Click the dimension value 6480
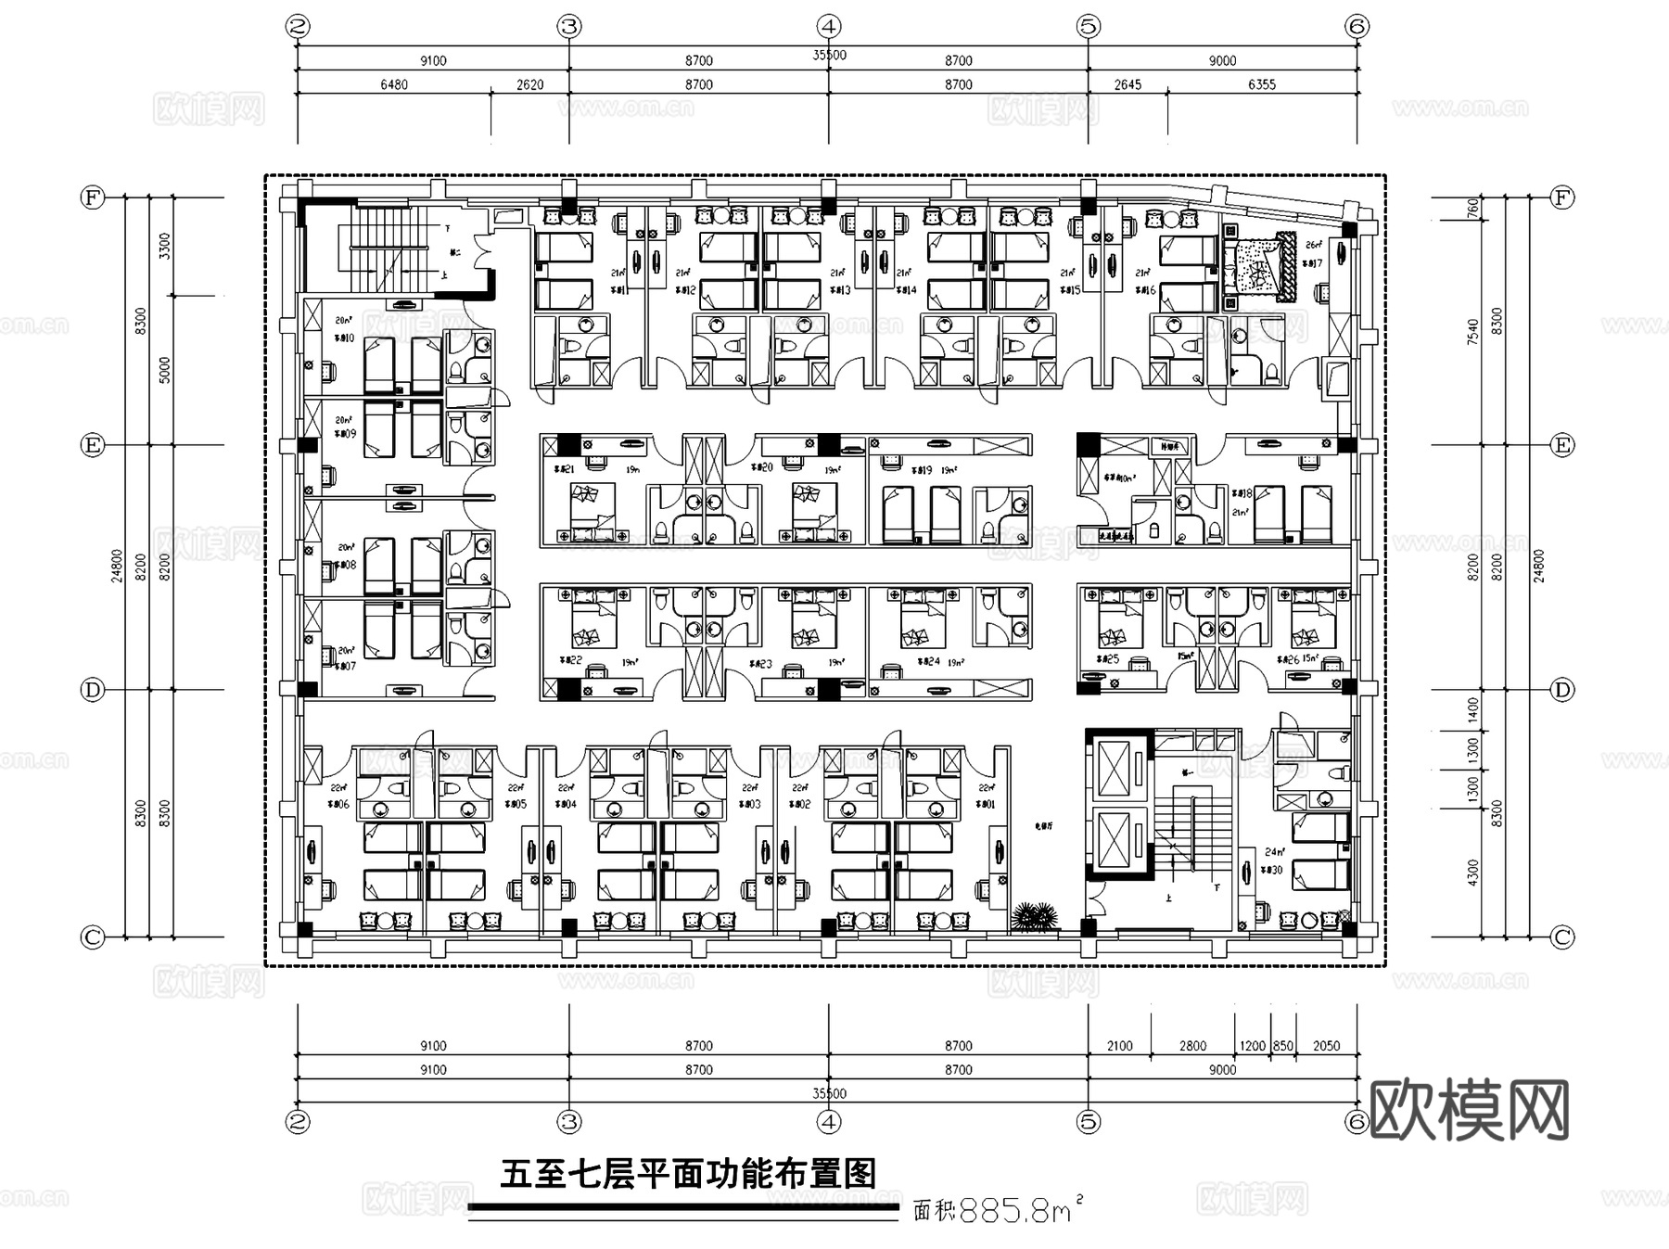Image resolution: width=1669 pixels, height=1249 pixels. tap(393, 84)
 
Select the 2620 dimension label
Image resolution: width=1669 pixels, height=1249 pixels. tap(529, 84)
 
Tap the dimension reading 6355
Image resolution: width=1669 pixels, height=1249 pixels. tap(1261, 84)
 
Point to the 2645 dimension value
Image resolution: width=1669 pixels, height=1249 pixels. tap(1128, 84)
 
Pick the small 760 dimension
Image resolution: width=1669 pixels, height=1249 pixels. tap(1472, 210)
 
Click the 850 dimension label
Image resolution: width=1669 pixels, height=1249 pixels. tap(1282, 1046)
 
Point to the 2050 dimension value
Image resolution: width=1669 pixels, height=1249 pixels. tap(1326, 1046)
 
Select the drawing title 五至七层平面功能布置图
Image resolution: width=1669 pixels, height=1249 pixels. tap(688, 1174)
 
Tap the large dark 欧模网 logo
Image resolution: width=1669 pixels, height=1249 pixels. tap(1469, 1110)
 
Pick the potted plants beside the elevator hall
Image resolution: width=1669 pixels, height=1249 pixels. tap(1036, 916)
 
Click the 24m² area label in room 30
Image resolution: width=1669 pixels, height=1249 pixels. tap(1275, 851)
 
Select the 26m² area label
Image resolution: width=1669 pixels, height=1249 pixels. tap(1312, 246)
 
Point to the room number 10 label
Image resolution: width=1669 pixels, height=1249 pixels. tap(344, 338)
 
